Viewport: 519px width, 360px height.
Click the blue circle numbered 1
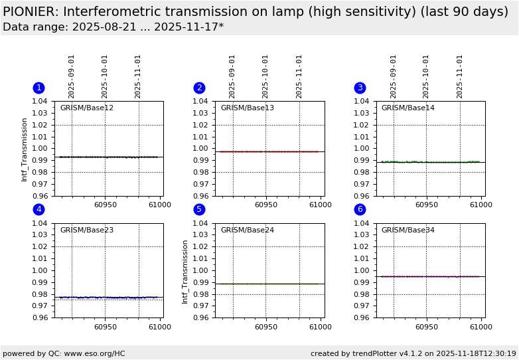38,88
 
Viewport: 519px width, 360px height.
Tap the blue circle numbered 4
38,210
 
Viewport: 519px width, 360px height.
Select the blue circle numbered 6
360,210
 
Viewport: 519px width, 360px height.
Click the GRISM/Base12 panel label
86,108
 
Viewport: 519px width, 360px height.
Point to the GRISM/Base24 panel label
247,230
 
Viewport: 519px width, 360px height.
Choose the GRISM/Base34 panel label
408,230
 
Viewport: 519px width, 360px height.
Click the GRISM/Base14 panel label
408,108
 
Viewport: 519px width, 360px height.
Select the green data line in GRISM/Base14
398,161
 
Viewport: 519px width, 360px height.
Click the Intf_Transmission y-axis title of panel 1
25,149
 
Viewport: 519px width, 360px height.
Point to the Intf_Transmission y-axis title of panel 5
185,272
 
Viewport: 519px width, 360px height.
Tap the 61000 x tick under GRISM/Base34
481,327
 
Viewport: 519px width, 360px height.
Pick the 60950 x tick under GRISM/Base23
105,327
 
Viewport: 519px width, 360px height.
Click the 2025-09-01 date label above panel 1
72,76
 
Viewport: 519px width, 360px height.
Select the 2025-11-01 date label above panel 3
460,76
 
